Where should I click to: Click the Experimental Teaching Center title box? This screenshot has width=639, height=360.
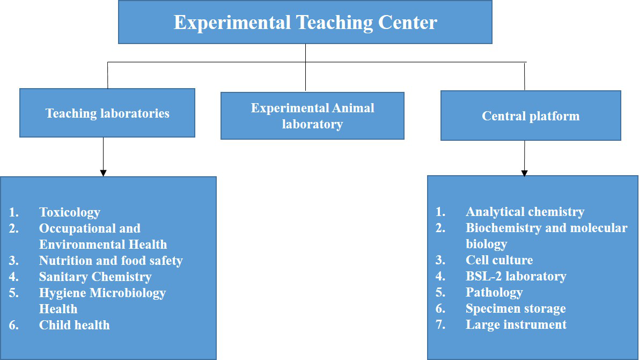[x=305, y=22]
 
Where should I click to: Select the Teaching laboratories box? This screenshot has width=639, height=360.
[x=107, y=113]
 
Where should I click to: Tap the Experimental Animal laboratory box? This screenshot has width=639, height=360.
[x=313, y=116]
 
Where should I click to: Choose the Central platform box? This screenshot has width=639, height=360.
[x=531, y=116]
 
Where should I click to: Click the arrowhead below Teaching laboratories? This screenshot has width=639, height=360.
[x=103, y=173]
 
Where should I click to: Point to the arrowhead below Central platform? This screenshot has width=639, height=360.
[x=525, y=173]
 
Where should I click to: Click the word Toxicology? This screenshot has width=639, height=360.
[x=70, y=212]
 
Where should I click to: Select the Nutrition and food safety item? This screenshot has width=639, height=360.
[x=111, y=261]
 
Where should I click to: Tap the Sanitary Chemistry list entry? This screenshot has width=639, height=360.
[x=96, y=277]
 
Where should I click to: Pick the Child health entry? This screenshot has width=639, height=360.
[x=75, y=325]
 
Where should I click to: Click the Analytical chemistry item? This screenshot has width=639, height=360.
[x=525, y=212]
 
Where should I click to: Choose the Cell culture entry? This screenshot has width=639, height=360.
[x=499, y=260]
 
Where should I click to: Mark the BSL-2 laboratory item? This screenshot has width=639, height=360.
[x=516, y=276]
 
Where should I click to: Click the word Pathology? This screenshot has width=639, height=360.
[x=494, y=292]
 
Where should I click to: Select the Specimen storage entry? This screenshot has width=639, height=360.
[x=516, y=308]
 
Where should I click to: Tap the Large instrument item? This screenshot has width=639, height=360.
[x=516, y=325]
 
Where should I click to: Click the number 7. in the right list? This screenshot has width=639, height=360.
[x=440, y=325]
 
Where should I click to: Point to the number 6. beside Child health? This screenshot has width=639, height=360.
[x=13, y=325]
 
